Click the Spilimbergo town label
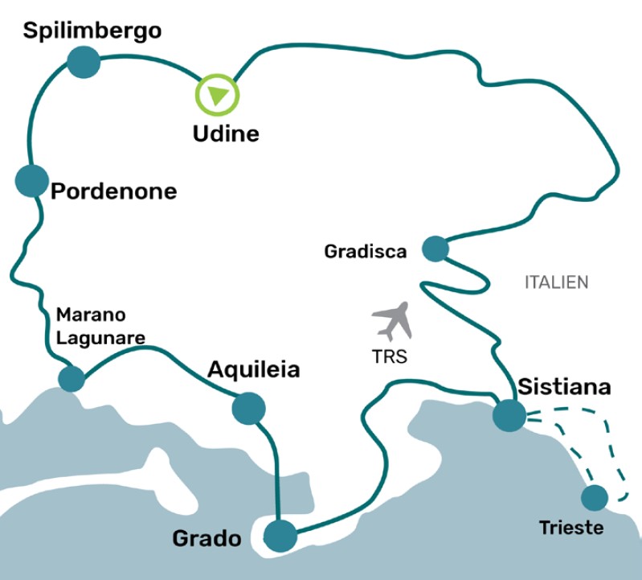tap(92, 31)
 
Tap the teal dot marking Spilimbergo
tap(83, 62)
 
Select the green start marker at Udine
tap(218, 93)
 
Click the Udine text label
tap(226, 134)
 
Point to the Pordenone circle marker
tap(32, 180)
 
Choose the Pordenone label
tap(113, 192)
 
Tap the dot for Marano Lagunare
tap(72, 378)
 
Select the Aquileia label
tap(253, 370)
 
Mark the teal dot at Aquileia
tap(248, 408)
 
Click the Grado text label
tap(207, 538)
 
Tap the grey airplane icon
tap(392, 321)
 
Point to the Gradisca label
tap(366, 252)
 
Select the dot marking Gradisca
tap(435, 249)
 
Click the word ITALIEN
tap(556, 282)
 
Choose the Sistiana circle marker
tap(509, 415)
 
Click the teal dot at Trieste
tap(595, 498)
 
